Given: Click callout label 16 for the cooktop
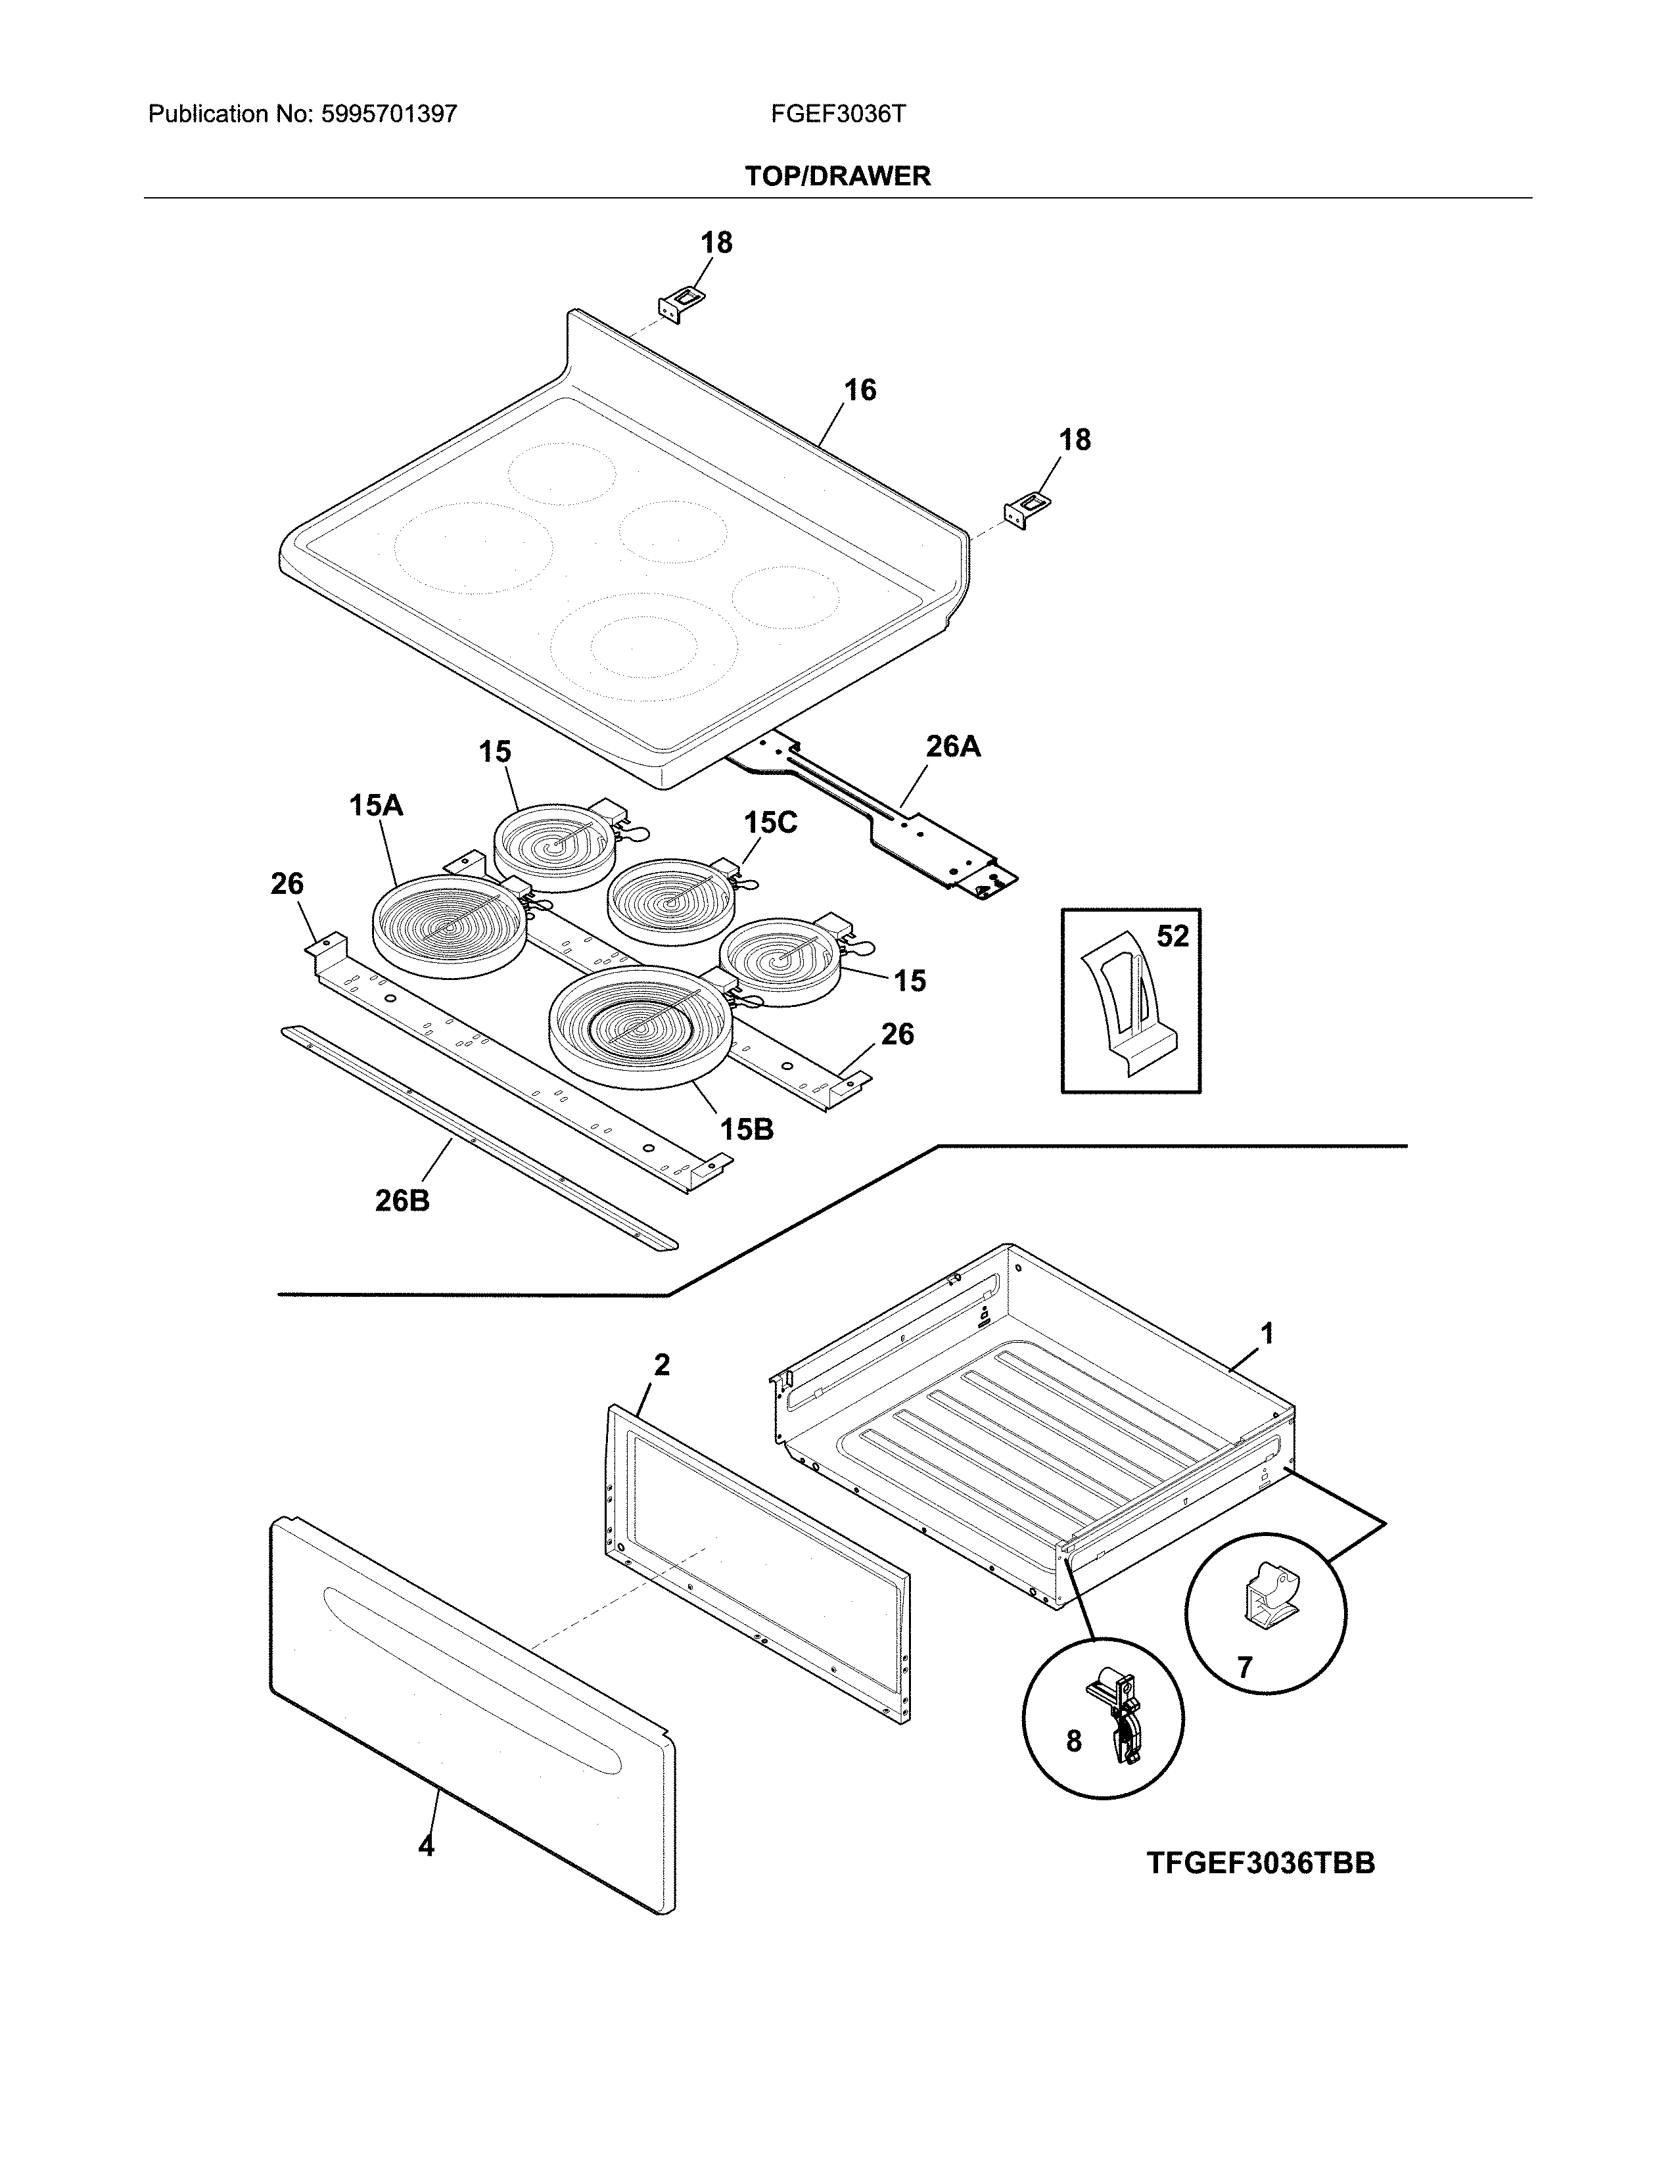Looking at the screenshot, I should (x=860, y=390).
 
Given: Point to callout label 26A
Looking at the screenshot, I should (x=952, y=747).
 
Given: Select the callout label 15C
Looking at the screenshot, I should (x=770, y=822).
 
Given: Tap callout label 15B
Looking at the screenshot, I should (x=746, y=1129).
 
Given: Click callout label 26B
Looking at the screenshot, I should (x=402, y=1201).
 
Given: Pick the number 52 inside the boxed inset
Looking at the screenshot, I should (x=1172, y=937).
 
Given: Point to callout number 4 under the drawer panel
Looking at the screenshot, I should (x=426, y=1846).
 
